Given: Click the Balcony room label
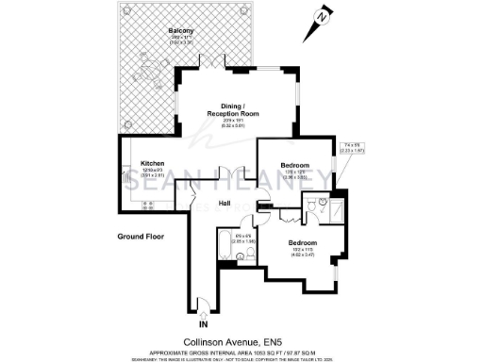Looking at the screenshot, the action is click(181, 31).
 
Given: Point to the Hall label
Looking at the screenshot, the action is click(225, 204).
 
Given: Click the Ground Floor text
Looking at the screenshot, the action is click(141, 236).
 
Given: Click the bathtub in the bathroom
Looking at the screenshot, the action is click(225, 248).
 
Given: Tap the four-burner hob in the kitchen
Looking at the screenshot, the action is click(147, 206).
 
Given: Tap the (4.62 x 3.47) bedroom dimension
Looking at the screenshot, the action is click(304, 255).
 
